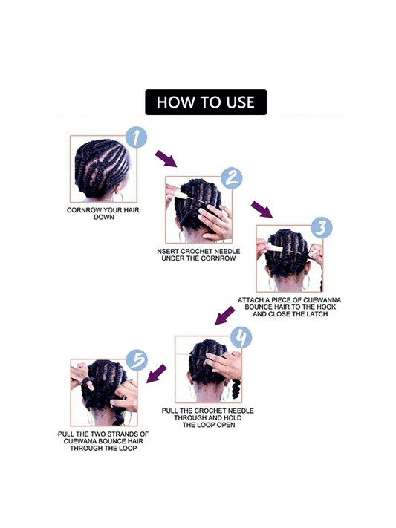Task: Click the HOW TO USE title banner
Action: [206, 102]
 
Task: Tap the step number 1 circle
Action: [136, 137]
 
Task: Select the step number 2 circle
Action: [232, 178]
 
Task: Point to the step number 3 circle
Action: [322, 228]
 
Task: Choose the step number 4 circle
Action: [241, 337]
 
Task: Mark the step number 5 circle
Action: [137, 360]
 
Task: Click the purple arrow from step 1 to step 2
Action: [166, 159]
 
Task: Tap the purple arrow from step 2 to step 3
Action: [262, 209]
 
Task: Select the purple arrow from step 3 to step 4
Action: [224, 316]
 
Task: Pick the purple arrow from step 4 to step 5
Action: [156, 374]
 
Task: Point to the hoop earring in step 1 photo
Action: [118, 197]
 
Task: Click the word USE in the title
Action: [240, 102]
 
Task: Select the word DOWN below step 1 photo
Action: [104, 217]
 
